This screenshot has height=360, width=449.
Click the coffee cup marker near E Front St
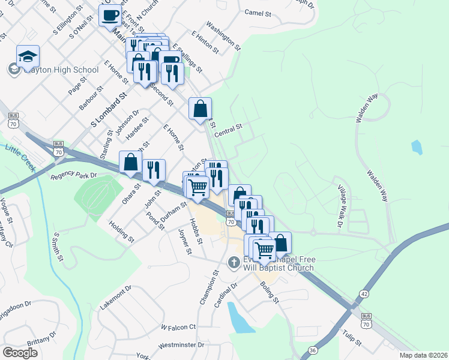coord(110,16)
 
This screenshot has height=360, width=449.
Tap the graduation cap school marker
coord(28,56)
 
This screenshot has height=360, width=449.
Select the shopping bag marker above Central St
coord(200,109)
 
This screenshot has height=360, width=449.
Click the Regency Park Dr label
coord(74,176)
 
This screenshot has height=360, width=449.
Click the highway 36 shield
coord(312,350)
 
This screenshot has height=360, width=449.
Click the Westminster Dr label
coord(181,346)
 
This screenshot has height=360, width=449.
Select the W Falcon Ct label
coord(178,327)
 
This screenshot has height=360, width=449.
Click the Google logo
coord(20,353)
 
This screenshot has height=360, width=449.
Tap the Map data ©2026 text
coord(423,355)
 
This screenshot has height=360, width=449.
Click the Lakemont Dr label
coord(116,298)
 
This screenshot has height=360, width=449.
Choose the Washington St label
coord(223,35)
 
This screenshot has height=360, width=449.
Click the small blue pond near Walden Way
coord(417,146)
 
